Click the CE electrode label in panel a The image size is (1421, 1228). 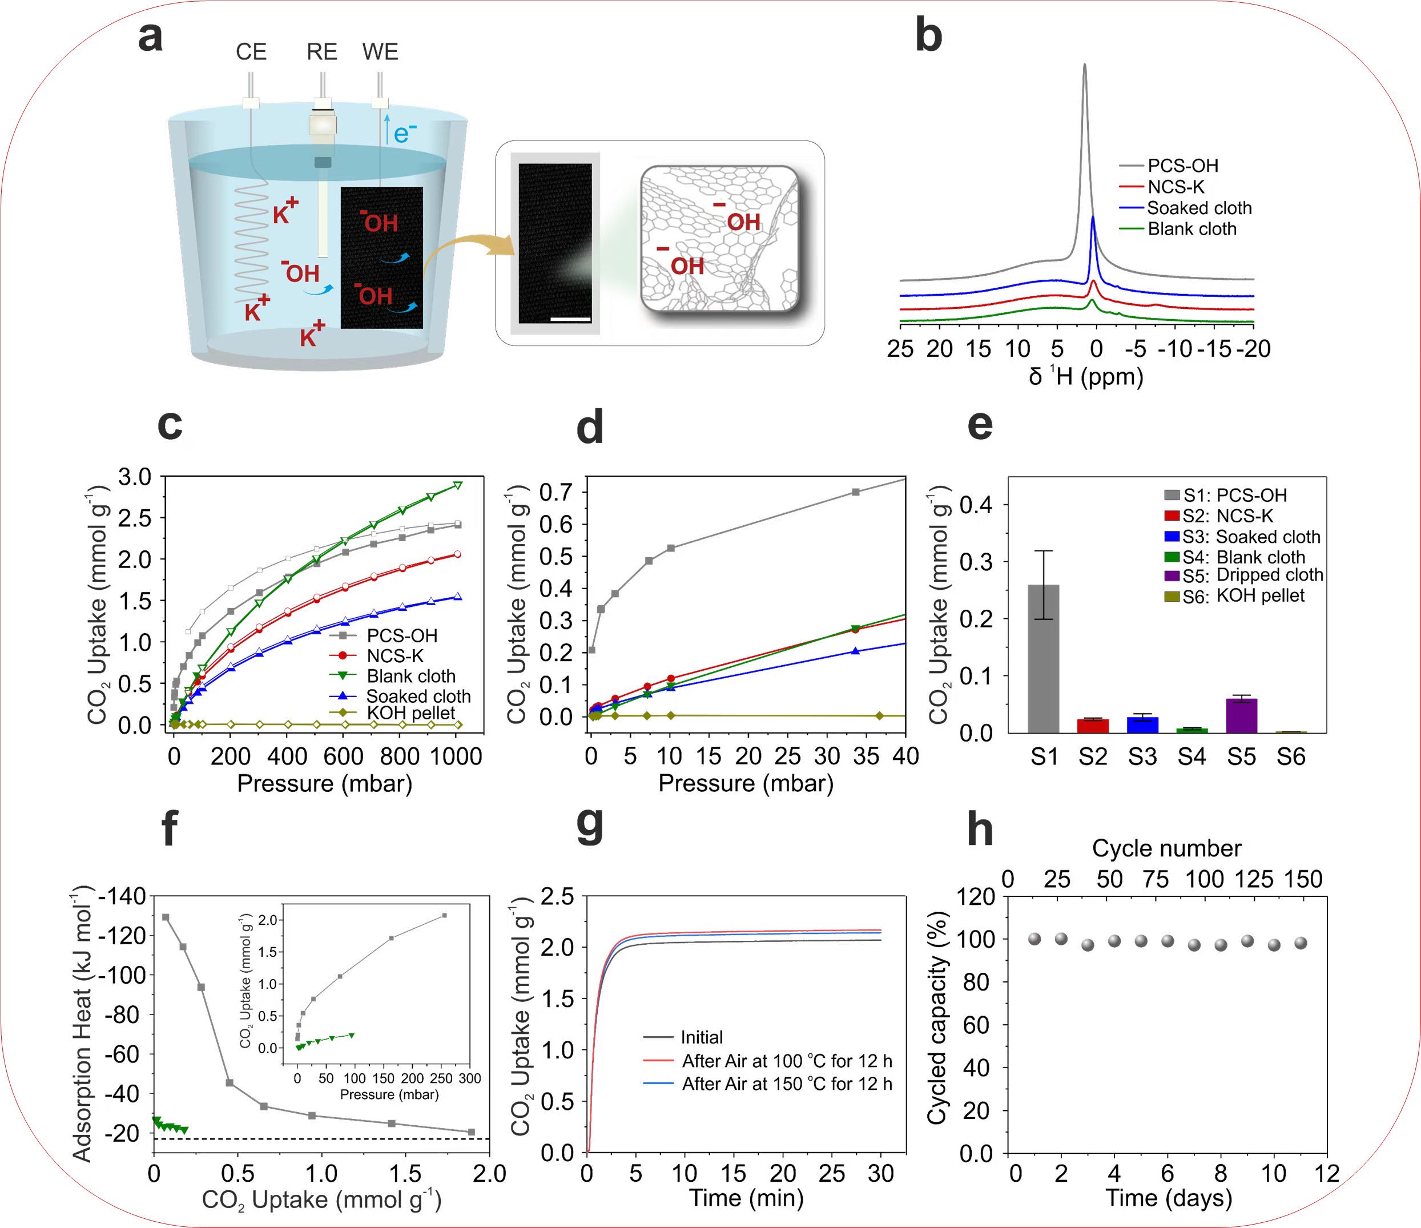(251, 52)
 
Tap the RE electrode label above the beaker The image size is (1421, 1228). (321, 52)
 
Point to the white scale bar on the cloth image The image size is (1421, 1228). (570, 319)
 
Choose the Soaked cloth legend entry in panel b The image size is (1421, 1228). (1199, 208)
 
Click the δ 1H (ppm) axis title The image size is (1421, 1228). (1086, 376)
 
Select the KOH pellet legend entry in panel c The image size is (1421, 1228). (410, 713)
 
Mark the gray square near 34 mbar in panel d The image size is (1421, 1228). (855, 492)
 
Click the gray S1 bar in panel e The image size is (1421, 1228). (1043, 658)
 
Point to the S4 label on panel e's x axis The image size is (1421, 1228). (1192, 757)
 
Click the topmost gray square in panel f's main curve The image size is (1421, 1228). (166, 917)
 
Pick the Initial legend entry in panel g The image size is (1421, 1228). (702, 1037)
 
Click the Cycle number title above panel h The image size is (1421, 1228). (1166, 848)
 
